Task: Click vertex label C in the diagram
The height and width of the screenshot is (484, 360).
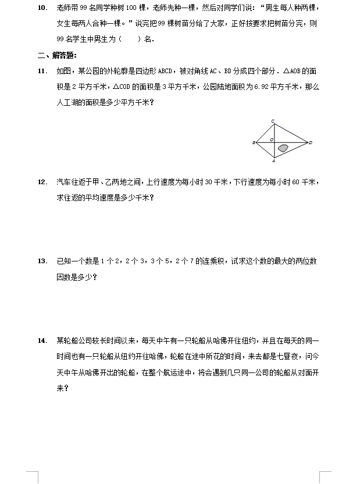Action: click(273, 121)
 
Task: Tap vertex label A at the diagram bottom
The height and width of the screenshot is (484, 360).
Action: click(273, 161)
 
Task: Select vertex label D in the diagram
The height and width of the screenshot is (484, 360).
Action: click(311, 142)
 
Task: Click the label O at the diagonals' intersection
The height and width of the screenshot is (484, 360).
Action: click(271, 140)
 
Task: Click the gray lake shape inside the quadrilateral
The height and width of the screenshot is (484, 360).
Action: click(283, 148)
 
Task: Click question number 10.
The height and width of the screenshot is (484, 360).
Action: click(42, 9)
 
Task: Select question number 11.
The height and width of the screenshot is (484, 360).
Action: click(42, 71)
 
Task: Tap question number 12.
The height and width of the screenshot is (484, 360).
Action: click(42, 182)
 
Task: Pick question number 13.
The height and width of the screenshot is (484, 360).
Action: click(42, 261)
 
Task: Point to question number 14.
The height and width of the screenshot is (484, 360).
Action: click(42, 340)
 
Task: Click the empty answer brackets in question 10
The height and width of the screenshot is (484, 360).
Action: click(129, 39)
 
